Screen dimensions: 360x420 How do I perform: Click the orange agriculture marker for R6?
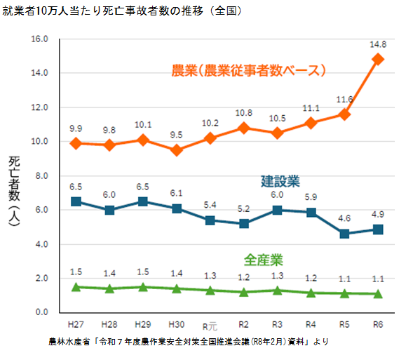coord(378,59)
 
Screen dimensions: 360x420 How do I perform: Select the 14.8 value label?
coord(378,44)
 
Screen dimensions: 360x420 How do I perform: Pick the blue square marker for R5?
coord(344,234)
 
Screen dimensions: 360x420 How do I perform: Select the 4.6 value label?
coord(344,218)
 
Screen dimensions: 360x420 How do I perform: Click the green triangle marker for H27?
coord(76,286)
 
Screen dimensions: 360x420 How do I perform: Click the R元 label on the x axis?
coord(210,325)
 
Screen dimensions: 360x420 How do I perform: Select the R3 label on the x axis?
coord(277,324)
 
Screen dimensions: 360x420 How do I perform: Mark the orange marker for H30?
coord(177,150)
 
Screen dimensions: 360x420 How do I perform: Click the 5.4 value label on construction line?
coord(210,204)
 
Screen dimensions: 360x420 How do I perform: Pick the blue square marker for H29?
coord(143,201)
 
